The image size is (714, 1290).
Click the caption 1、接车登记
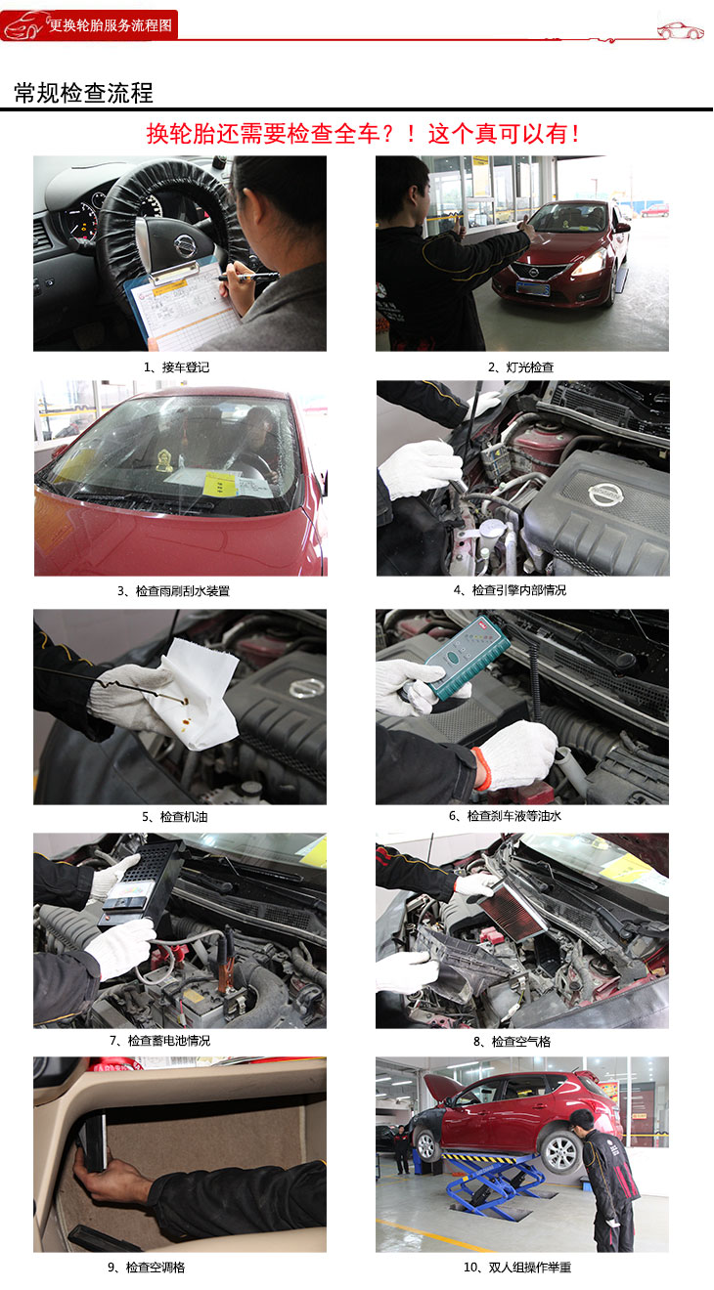tap(176, 366)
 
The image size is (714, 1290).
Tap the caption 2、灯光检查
tap(521, 366)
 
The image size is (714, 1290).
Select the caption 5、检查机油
tap(175, 816)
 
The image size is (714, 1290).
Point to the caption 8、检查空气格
tap(512, 1041)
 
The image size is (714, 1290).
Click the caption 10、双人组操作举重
tap(516, 1267)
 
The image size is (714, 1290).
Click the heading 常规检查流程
tap(83, 93)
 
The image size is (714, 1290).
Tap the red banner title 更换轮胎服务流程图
tap(111, 25)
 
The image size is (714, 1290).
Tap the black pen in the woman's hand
tap(248, 278)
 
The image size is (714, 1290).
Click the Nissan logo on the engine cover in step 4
tap(605, 494)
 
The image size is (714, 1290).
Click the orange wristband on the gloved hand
tap(482, 768)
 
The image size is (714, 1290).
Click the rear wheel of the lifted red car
tap(560, 1152)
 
